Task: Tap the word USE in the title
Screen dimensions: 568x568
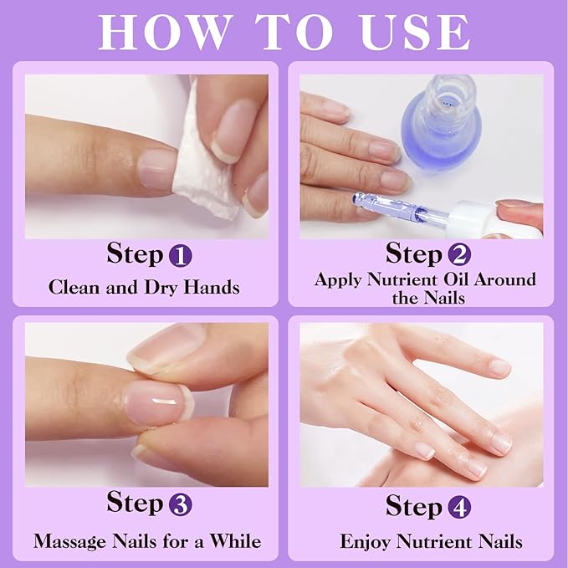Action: (x=409, y=31)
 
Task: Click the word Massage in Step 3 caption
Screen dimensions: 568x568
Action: (x=70, y=541)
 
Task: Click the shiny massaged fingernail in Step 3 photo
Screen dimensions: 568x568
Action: (x=155, y=400)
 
